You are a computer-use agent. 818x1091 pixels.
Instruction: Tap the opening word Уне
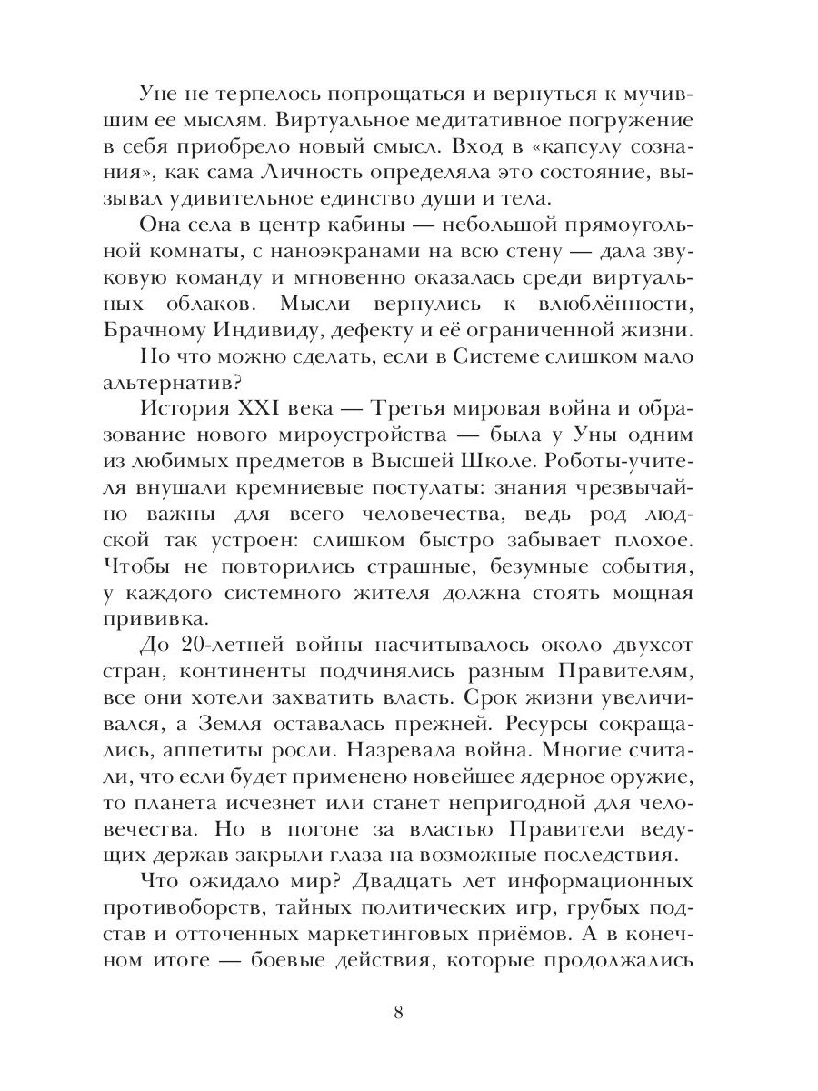point(163,93)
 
